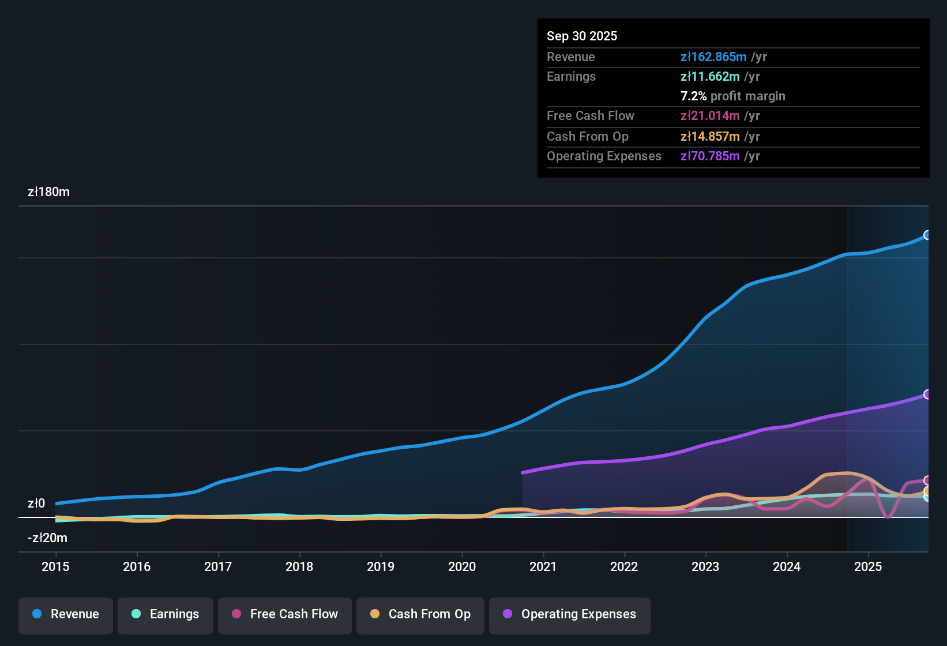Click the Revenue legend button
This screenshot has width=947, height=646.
66,614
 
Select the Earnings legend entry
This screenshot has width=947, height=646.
166,614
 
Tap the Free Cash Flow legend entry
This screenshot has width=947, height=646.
285,614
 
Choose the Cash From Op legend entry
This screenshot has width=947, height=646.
420,614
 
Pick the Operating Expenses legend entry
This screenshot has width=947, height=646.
570,614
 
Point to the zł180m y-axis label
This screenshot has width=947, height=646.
48,192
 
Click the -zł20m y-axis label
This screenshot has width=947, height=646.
47,538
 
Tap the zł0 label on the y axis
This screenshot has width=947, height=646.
36,504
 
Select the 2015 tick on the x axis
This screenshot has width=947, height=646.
55,566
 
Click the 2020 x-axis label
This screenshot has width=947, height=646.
462,566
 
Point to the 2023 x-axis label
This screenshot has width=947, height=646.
705,566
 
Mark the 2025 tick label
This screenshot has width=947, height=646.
868,566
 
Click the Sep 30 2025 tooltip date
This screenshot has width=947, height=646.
582,36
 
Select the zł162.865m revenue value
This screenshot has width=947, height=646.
713,57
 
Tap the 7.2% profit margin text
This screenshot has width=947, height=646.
732,96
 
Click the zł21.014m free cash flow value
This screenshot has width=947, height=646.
710,115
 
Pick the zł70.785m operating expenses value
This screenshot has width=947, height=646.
710,156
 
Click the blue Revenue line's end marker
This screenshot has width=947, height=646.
927,235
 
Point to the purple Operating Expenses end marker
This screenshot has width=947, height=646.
927,395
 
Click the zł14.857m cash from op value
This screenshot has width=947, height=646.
710,136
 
